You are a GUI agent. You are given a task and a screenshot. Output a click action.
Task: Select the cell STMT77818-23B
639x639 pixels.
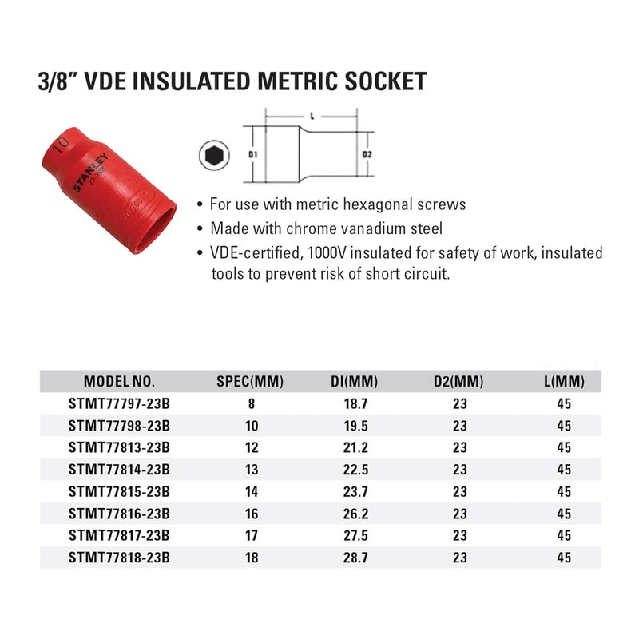click(120, 558)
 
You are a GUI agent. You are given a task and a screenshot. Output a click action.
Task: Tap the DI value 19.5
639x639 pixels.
click(355, 427)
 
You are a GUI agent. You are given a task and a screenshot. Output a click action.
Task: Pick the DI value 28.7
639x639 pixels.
click(355, 558)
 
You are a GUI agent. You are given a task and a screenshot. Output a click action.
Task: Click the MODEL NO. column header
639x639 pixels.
click(119, 381)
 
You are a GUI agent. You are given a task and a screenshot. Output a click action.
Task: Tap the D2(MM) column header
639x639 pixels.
click(460, 381)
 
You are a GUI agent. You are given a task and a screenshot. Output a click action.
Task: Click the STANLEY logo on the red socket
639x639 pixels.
click(89, 171)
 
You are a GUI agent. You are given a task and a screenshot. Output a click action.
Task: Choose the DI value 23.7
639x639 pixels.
click(355, 492)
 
